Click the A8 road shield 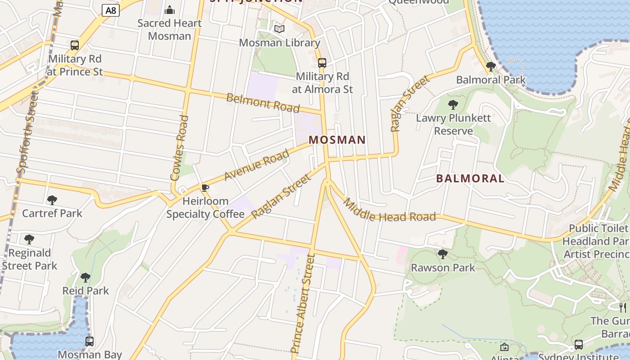point(110,10)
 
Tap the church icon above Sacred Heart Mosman point(170,9)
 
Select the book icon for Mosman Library point(279,29)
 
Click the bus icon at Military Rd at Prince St point(75,45)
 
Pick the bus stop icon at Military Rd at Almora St point(322,63)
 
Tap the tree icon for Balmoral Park point(491,67)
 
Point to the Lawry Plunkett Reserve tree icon point(453,105)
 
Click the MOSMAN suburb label point(337,140)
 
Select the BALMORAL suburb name point(470,178)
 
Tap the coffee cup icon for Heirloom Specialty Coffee point(205,188)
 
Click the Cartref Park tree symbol point(52,200)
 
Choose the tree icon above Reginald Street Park point(29,239)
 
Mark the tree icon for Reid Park point(85,277)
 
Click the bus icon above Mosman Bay point(90,342)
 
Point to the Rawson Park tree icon point(443,254)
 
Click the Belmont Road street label point(263,103)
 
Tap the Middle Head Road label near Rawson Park point(389,211)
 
